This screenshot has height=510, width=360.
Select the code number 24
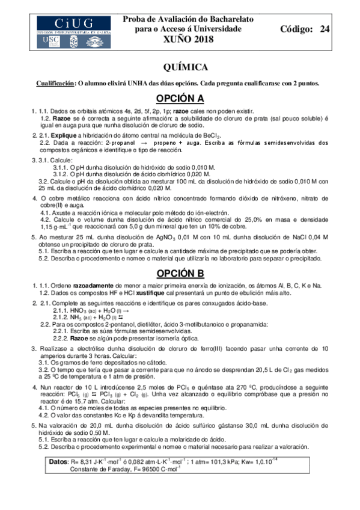(x=324, y=29)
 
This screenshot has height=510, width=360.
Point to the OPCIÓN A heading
(x=180, y=99)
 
